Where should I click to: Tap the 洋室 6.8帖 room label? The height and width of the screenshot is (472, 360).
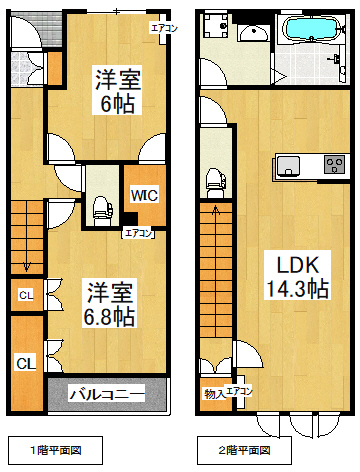[x=110, y=304]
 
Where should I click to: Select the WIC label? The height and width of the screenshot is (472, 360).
[x=137, y=196]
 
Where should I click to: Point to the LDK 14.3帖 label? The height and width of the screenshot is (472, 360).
[x=297, y=276]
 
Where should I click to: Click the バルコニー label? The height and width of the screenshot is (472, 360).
[x=106, y=393]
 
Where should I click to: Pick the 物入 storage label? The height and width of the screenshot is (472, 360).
[x=211, y=393]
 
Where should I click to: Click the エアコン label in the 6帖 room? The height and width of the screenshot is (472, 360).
[x=163, y=28]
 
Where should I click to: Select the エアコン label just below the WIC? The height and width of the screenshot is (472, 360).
[x=137, y=233]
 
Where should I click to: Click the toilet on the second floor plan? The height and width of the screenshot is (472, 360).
[x=213, y=181]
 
